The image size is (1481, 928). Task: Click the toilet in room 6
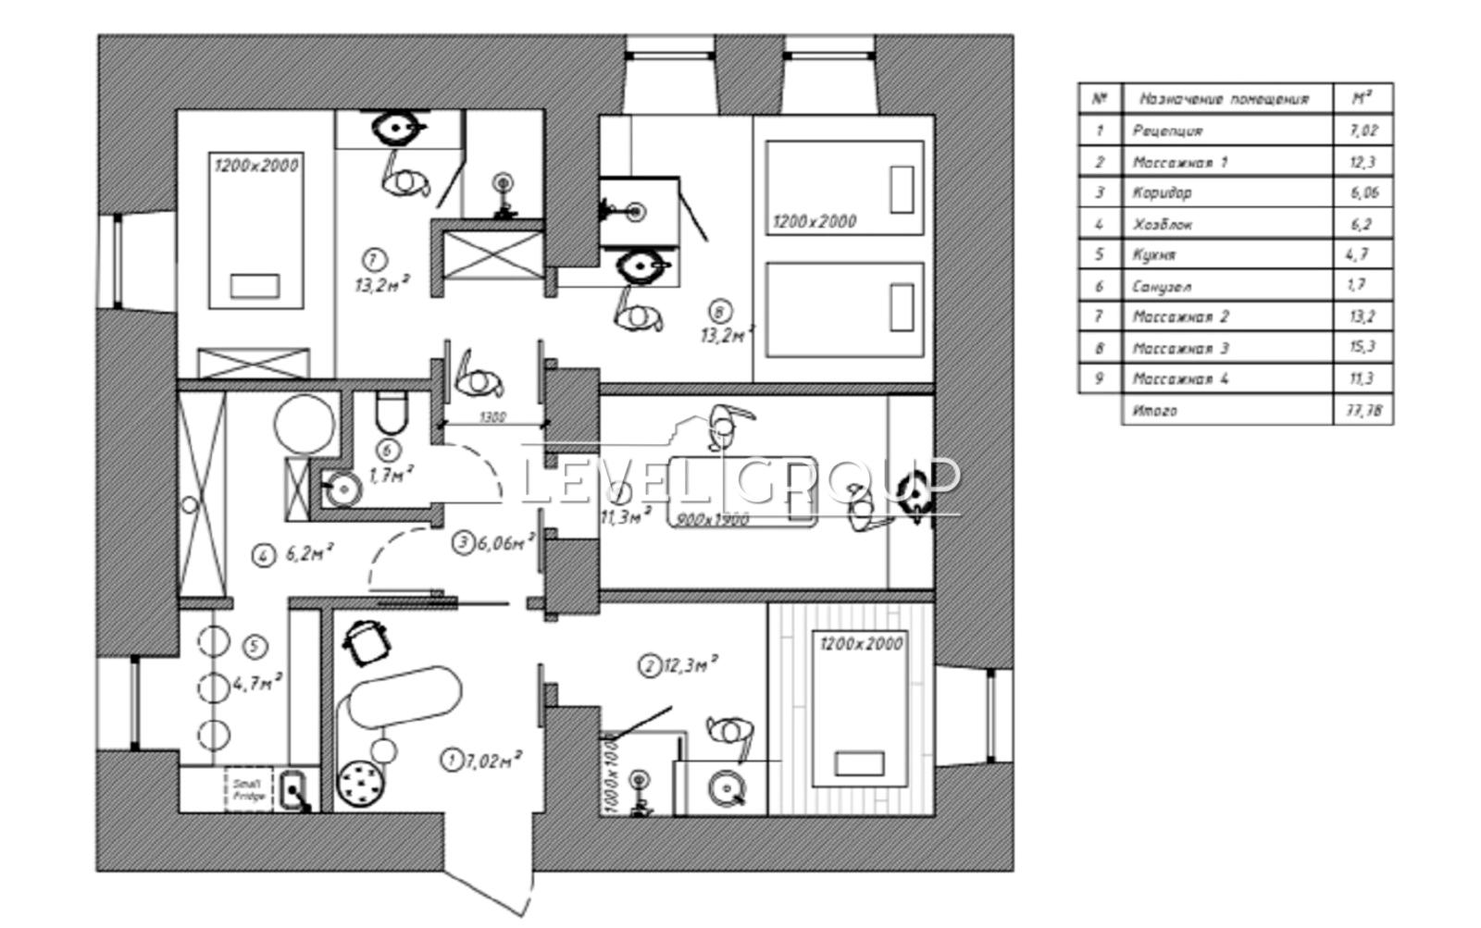coord(392,413)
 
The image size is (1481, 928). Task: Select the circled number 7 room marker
coord(374,259)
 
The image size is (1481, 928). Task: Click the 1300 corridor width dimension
coord(493,417)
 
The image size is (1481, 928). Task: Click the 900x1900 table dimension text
coord(714,519)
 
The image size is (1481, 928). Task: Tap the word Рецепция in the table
coord(1168,131)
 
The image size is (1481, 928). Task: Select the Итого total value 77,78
coord(1363,410)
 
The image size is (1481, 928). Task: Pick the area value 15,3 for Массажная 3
coord(1362,348)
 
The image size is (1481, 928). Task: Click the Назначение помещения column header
coord(1224,99)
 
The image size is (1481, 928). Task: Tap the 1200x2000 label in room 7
coord(256,166)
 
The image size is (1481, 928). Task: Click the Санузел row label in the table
coord(1162,286)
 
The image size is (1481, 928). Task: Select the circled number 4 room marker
coord(264,555)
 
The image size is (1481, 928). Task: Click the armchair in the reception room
coord(368,641)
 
